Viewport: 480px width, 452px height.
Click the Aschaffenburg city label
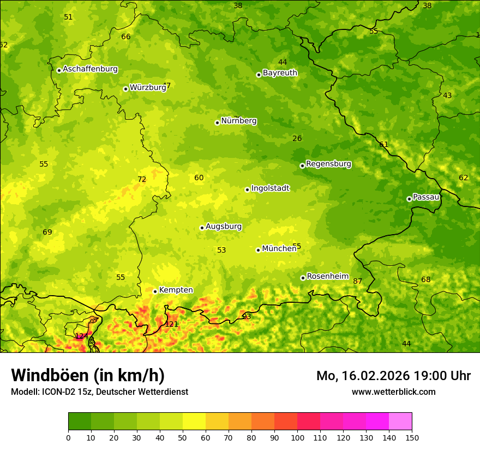90,69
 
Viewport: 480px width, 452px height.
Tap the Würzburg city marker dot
125,89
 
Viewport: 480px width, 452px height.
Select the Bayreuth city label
280,73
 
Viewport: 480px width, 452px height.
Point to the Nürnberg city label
238,121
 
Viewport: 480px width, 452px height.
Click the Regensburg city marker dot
302,166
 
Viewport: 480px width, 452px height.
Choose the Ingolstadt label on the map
270,188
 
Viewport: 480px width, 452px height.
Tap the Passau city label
426,197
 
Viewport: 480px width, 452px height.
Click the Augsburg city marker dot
202,228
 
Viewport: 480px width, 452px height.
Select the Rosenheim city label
327,277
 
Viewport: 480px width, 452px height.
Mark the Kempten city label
176,290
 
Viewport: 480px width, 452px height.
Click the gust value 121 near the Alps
172,324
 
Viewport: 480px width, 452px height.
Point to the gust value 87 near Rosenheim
358,282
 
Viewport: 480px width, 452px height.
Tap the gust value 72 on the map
142,180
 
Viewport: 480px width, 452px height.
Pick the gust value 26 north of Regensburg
297,139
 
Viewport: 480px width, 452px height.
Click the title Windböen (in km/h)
88,375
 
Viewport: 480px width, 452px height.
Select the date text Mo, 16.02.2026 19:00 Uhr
393,376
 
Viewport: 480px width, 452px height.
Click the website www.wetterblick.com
393,392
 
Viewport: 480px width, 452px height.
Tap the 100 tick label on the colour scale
297,437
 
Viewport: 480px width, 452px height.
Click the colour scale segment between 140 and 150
400,422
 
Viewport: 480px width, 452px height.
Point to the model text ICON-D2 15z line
99,392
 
